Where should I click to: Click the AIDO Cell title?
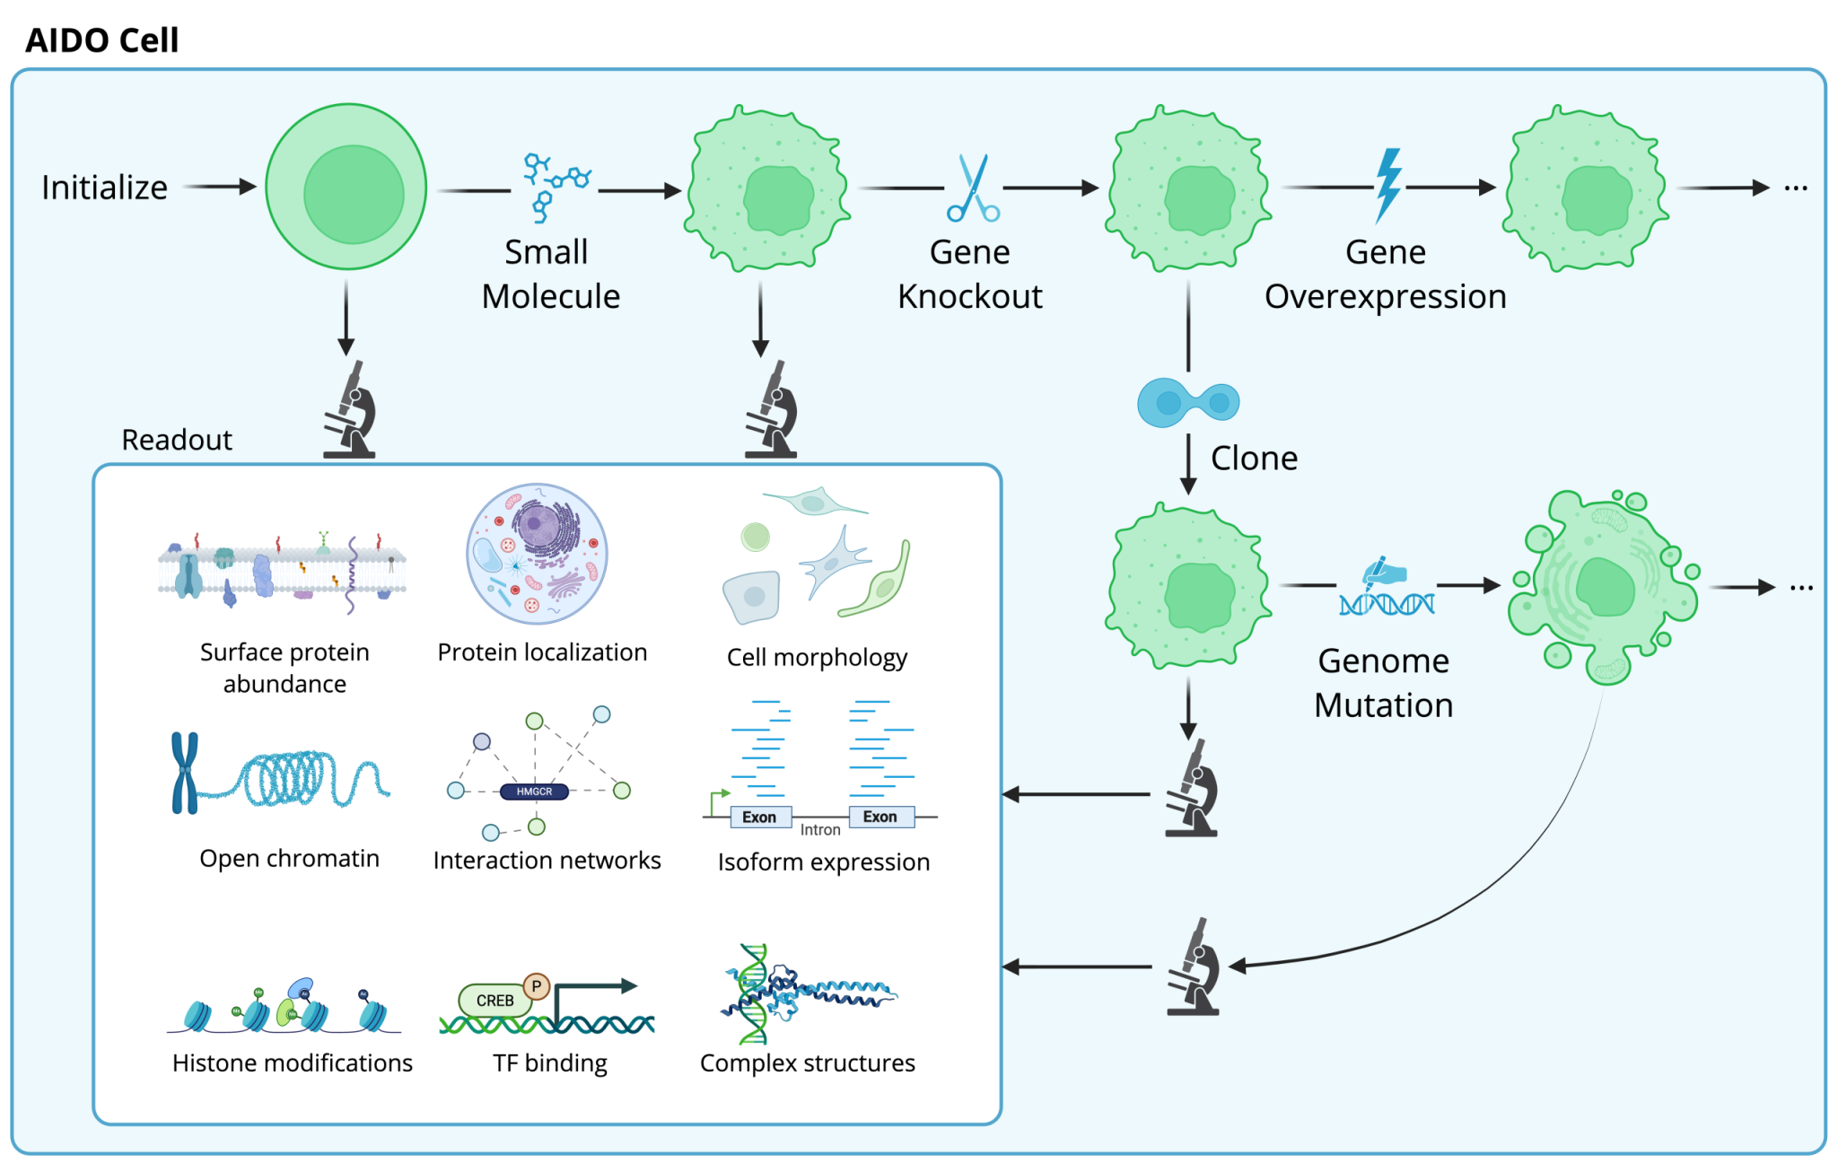102,40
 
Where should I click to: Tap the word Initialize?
104,188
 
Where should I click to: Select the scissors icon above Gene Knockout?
973,188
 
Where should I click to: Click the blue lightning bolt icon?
1388,186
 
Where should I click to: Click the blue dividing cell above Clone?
1188,402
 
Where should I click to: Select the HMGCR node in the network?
534,792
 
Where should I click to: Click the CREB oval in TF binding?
494,1000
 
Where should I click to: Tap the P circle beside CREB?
537,986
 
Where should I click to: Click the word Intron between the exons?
820,830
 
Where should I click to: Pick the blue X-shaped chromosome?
185,773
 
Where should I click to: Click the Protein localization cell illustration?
537,554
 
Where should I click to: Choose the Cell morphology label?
817,658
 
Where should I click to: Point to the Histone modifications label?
293,1063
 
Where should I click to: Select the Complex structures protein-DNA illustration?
808,993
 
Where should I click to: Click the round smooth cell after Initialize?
346,187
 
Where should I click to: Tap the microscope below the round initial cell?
349,409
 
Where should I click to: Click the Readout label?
177,440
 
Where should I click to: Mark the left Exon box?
760,817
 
